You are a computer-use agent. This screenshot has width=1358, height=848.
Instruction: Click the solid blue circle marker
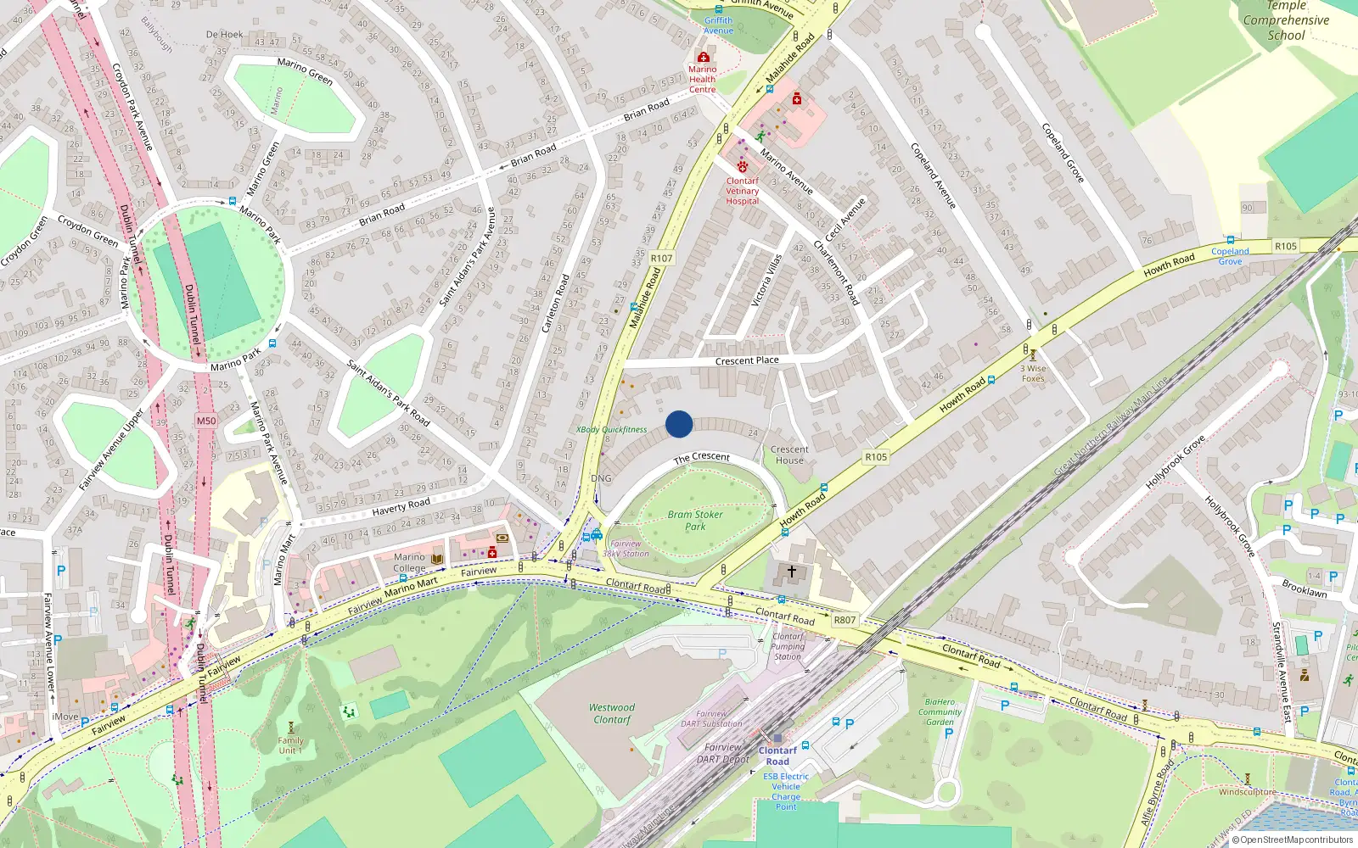(x=679, y=424)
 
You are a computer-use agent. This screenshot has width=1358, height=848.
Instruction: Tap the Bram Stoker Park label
(x=695, y=520)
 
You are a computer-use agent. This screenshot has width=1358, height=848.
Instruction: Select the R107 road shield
(x=661, y=258)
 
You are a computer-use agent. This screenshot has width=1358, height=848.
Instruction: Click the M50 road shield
(x=206, y=421)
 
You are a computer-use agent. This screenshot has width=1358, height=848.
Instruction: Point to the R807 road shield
(x=845, y=620)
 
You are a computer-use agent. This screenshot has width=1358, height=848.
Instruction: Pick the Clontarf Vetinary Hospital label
(x=743, y=191)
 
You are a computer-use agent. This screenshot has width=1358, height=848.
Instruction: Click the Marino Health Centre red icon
(x=703, y=57)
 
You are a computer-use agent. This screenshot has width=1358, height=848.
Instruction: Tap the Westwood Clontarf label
(x=612, y=713)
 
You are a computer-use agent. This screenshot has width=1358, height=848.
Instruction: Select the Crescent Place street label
(x=747, y=360)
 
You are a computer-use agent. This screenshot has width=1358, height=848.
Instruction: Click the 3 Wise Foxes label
(x=1033, y=373)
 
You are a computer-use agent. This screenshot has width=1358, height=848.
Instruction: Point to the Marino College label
(x=409, y=562)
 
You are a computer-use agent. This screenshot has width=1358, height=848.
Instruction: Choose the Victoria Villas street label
(x=766, y=279)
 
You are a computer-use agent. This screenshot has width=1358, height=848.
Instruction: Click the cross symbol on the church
(x=792, y=572)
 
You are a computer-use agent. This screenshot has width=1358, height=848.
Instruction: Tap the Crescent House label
(x=789, y=455)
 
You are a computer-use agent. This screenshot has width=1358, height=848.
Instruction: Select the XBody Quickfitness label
(x=612, y=430)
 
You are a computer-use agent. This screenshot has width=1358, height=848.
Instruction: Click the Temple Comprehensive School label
(x=1286, y=20)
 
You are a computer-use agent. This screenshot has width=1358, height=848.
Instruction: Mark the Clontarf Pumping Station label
(x=788, y=646)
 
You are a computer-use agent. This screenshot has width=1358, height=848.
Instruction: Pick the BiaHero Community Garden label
(x=940, y=711)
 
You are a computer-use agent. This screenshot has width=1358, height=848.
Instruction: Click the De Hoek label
(x=224, y=35)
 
